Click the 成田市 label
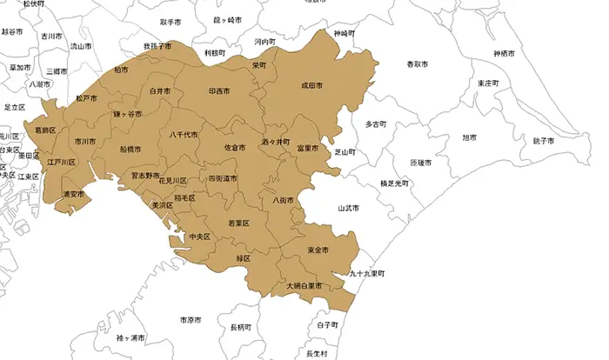coord(312,86)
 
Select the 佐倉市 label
coord(234,148)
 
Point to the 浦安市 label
coord(74,194)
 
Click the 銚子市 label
coord(544,141)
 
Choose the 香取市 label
coord(418,64)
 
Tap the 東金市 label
coord(318,250)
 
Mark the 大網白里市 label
coord(304,285)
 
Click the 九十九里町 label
coord(366,273)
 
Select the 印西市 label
coord(220,90)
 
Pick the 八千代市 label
coord(184,135)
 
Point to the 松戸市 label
coord(86,98)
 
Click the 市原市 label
coord(191,320)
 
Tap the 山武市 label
coord(348,209)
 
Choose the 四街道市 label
coord(223,178)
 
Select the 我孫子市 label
coord(157,45)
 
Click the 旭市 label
coord(469,137)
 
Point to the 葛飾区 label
coord(45,130)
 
